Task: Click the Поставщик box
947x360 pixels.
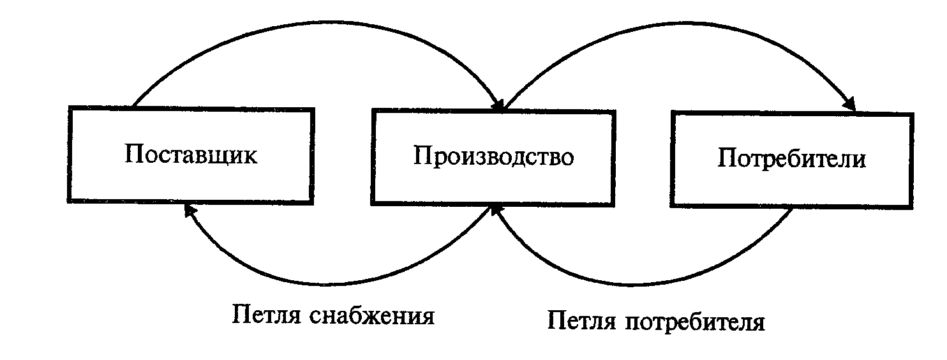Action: click(x=191, y=156)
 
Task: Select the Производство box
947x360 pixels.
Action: click(x=493, y=157)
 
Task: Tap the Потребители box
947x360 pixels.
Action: click(x=791, y=159)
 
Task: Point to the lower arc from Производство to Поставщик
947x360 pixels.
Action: click(x=338, y=281)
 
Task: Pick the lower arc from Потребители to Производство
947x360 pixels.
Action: click(x=645, y=285)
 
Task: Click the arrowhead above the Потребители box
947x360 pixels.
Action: click(x=850, y=103)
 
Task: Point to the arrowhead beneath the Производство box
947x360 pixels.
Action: click(x=495, y=211)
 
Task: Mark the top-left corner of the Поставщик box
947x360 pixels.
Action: click(x=70, y=109)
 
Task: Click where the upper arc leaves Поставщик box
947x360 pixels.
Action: click(x=133, y=105)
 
